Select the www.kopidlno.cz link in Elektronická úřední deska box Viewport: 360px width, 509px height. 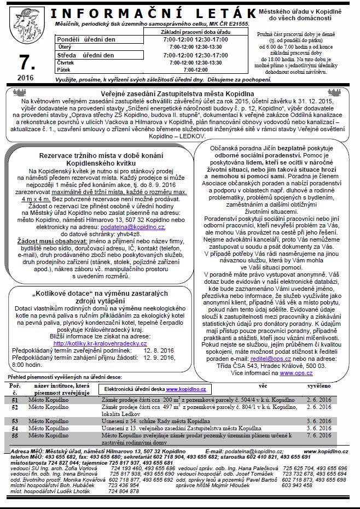point(187,388)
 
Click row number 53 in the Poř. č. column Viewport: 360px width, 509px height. point(15,422)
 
